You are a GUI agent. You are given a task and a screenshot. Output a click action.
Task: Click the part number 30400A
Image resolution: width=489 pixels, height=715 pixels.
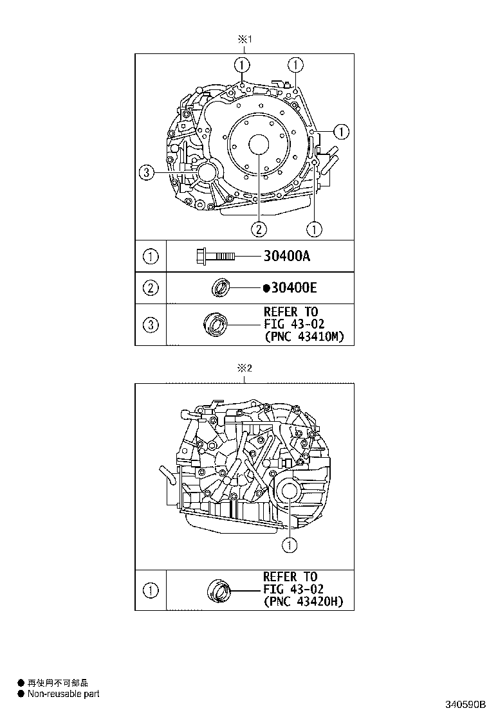pyautogui.click(x=287, y=257)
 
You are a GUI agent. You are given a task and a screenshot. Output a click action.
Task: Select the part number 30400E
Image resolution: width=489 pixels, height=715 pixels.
pyautogui.click(x=290, y=288)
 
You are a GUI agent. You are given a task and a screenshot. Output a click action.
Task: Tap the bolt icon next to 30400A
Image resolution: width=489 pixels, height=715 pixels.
pyautogui.click(x=214, y=257)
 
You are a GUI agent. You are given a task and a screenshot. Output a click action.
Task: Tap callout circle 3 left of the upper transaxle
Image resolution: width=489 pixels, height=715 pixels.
pyautogui.click(x=147, y=172)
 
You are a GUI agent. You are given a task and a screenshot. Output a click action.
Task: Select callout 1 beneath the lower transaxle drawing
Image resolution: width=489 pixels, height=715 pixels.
pyautogui.click(x=290, y=545)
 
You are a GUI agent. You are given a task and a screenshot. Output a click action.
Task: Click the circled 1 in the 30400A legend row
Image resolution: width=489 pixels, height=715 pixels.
pyautogui.click(x=151, y=257)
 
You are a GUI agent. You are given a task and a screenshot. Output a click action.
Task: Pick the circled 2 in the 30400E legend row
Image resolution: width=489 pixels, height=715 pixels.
pyautogui.click(x=151, y=288)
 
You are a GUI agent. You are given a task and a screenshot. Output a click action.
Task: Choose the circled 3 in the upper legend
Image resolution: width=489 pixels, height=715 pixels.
pyautogui.click(x=151, y=325)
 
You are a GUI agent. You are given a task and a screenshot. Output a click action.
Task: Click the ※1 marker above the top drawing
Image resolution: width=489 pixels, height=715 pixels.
pyautogui.click(x=244, y=39)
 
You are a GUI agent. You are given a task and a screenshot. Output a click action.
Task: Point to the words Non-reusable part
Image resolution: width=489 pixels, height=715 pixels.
pyautogui.click(x=63, y=694)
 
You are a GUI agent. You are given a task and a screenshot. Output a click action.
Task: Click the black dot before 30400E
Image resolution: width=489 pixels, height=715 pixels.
pyautogui.click(x=266, y=289)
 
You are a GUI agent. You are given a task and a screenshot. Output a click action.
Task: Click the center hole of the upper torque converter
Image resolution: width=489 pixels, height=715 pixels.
pyautogui.click(x=259, y=145)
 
